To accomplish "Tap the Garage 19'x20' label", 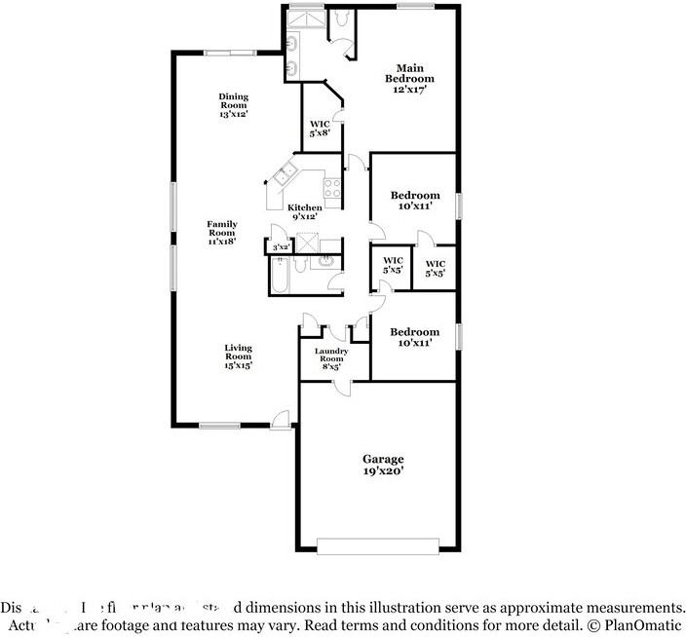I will point(383,464).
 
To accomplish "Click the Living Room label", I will point(238,356).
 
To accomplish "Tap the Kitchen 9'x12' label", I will point(304,212).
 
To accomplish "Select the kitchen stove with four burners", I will point(332,190).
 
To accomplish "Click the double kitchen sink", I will point(286,175).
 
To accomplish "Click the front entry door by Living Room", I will point(281,420).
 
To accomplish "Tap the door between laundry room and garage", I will point(342,385).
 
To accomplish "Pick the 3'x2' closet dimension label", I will point(280,247).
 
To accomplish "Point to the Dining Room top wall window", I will point(231,53).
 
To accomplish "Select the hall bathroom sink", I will point(325,260).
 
